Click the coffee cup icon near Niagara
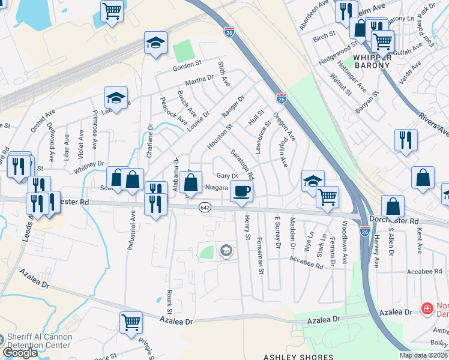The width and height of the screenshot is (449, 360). pyautogui.click(x=241, y=191)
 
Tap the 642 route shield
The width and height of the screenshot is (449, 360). pyautogui.click(x=205, y=206)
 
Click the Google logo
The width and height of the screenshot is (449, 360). pyautogui.click(x=20, y=353)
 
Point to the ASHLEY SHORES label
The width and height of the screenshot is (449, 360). pyautogui.click(x=290, y=357)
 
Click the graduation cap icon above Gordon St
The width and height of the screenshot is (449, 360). pyautogui.click(x=155, y=43)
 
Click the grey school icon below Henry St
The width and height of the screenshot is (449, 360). pyautogui.click(x=226, y=250)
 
